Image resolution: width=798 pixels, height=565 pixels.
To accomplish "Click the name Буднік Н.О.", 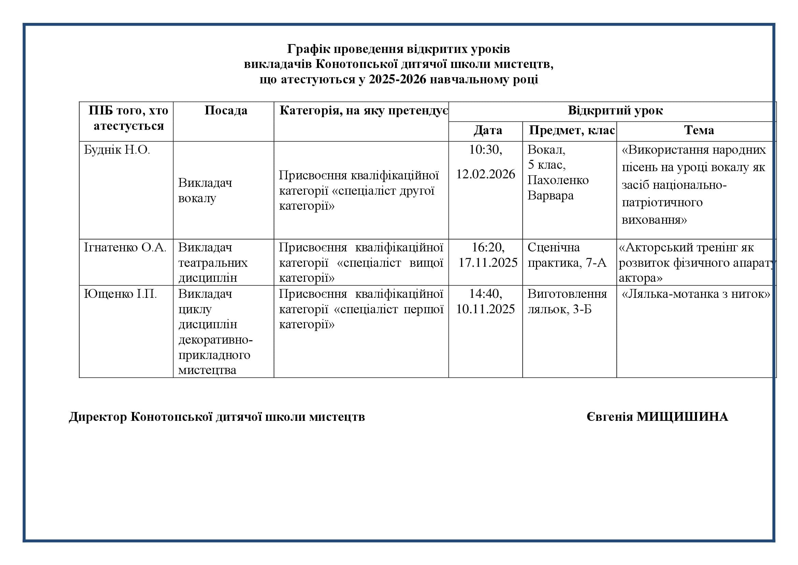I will click(117, 150).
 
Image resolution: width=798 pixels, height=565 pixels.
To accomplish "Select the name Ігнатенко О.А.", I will click(125, 247).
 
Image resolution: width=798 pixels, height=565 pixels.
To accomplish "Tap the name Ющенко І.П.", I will click(120, 294).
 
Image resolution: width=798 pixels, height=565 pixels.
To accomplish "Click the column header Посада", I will click(226, 110).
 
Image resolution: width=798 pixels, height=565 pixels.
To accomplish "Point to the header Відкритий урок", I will click(615, 110).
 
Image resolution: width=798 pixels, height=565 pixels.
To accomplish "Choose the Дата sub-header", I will click(488, 130).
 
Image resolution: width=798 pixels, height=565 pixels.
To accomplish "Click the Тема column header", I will click(699, 130).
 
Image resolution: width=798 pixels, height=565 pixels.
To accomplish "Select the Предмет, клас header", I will click(572, 130).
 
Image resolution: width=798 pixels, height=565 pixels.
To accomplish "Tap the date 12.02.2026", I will click(485, 174).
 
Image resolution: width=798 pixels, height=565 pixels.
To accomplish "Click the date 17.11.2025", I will click(488, 263).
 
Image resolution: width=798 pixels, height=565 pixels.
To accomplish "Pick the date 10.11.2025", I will click(485, 309).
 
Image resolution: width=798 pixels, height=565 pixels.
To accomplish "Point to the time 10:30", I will click(485, 150).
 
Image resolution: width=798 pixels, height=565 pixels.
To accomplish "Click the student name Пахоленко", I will click(558, 180).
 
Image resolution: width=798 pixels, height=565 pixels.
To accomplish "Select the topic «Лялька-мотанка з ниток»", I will click(696, 294).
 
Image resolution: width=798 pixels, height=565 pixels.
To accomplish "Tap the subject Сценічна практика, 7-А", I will click(567, 255).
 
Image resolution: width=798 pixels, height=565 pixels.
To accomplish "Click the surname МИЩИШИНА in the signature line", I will click(682, 417).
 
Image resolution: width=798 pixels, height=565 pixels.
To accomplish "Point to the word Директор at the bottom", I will click(98, 417).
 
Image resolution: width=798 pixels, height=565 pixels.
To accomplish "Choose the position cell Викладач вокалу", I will click(205, 190).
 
